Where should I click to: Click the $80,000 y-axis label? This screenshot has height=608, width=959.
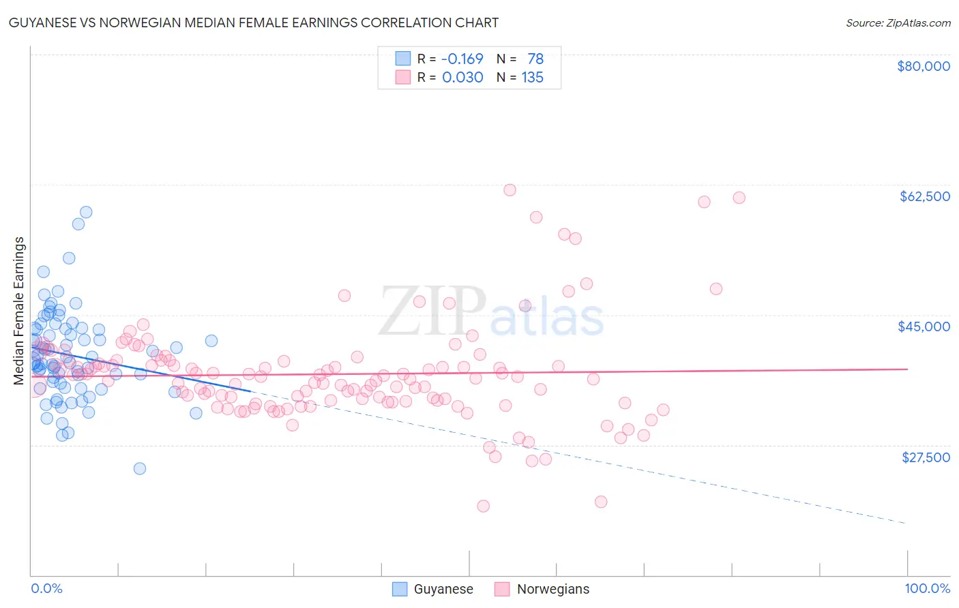click(x=923, y=66)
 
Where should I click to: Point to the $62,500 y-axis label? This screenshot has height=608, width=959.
click(x=924, y=196)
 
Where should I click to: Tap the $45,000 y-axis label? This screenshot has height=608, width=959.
click(x=924, y=326)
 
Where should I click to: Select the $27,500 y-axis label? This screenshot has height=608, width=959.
click(x=926, y=457)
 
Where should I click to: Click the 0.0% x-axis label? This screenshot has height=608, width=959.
click(x=46, y=588)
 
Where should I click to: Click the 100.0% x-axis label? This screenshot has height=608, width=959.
click(x=927, y=588)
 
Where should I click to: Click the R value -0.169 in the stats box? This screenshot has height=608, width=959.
click(x=462, y=59)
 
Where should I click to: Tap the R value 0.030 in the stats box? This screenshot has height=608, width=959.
click(x=462, y=78)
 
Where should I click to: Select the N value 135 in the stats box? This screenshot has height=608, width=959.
click(x=532, y=78)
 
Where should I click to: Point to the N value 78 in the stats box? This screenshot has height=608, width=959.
click(x=535, y=59)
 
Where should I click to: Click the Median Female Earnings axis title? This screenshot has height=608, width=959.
click(x=19, y=311)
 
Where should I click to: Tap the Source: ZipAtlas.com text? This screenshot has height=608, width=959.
click(x=898, y=22)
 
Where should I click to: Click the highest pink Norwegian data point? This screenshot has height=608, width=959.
click(x=510, y=190)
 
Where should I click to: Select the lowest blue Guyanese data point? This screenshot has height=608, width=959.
click(x=140, y=468)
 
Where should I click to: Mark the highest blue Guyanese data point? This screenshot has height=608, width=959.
click(x=86, y=212)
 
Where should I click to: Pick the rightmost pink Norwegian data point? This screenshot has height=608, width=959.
click(x=739, y=198)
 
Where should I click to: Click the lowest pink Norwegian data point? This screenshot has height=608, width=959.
click(x=484, y=506)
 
